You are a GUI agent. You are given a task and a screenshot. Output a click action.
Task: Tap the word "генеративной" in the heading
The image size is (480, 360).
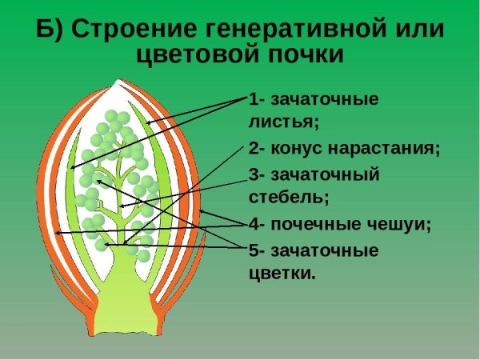click(x=290, y=30)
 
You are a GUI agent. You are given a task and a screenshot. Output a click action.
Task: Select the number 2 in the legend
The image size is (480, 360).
click(x=254, y=149)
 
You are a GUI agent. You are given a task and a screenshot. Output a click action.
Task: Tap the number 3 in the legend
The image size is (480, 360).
click(x=254, y=174)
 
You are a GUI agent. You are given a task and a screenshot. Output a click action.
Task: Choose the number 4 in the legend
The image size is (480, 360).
click(x=254, y=224)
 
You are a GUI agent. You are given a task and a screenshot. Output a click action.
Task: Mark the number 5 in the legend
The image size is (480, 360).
click(x=254, y=250)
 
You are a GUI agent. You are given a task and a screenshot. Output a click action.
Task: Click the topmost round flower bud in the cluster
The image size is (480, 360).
click(x=122, y=117)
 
